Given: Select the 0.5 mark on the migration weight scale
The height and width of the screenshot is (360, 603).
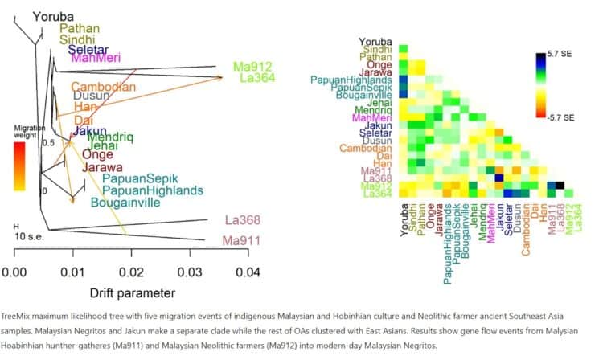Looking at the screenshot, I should pyautogui.click(x=47, y=142).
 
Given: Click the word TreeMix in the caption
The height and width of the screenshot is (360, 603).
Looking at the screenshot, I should pyautogui.click(x=21, y=317).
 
